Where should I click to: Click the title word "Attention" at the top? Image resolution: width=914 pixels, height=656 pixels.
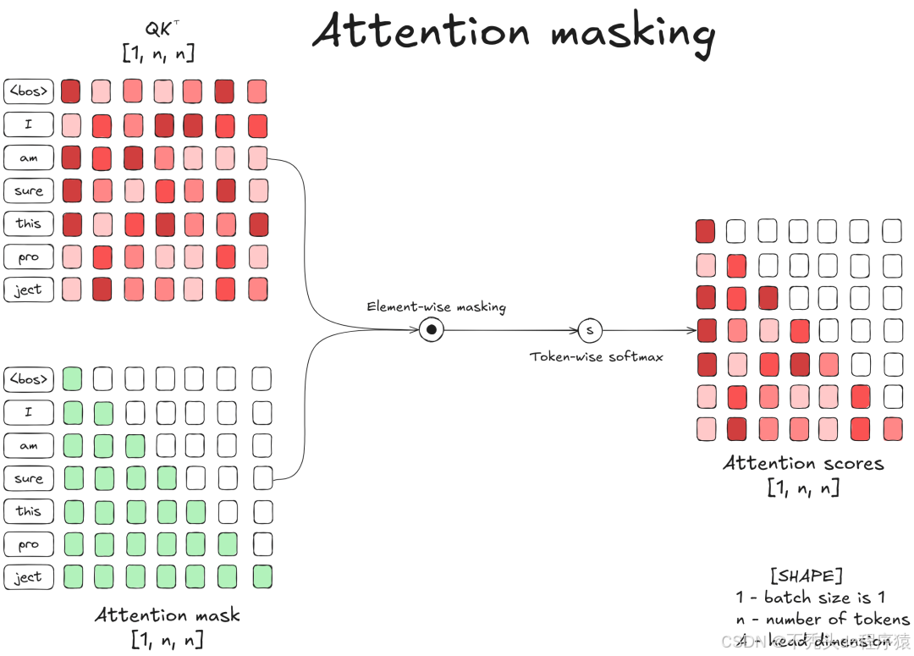421,31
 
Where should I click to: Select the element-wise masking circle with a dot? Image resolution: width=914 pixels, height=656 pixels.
431,329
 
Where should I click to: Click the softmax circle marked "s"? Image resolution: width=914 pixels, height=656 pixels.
590,330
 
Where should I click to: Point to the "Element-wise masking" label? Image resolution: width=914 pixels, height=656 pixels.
436,306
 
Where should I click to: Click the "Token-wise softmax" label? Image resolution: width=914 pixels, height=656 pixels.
597,356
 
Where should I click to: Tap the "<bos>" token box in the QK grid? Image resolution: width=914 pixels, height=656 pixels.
28,91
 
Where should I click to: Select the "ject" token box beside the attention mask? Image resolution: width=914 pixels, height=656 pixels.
28,577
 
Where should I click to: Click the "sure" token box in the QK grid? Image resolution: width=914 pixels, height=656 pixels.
28,190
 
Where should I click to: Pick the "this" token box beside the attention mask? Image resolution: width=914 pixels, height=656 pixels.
28,511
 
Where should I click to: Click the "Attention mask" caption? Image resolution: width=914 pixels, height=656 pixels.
168,615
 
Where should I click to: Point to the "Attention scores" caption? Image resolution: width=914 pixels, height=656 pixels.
803,463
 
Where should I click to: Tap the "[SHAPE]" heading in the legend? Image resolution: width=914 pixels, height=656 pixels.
806,576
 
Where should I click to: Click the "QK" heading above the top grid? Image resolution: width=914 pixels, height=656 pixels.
158,30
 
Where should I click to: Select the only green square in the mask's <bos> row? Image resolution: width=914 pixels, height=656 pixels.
73,378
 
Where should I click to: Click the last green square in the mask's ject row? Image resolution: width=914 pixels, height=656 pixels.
262,577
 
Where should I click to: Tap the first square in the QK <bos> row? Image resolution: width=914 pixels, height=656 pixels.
71,91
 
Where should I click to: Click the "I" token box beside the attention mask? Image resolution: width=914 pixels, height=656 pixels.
28,412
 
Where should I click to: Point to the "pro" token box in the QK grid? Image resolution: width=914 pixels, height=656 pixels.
28,256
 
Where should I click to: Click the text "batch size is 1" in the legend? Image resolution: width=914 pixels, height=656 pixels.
824,597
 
